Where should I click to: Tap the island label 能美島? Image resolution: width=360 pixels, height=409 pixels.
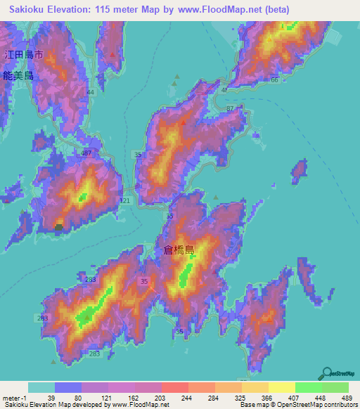coord(18,75)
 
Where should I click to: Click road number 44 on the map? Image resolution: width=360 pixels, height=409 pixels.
coord(90,93)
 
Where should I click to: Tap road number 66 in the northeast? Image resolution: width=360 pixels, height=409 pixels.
coord(274,81)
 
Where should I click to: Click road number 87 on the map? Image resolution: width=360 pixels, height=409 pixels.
coord(231,108)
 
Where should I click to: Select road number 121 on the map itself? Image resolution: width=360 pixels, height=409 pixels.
coord(125,201)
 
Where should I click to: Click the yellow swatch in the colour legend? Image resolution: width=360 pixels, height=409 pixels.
coord(281,387)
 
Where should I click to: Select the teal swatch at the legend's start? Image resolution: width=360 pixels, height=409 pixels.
coord(41,387)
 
